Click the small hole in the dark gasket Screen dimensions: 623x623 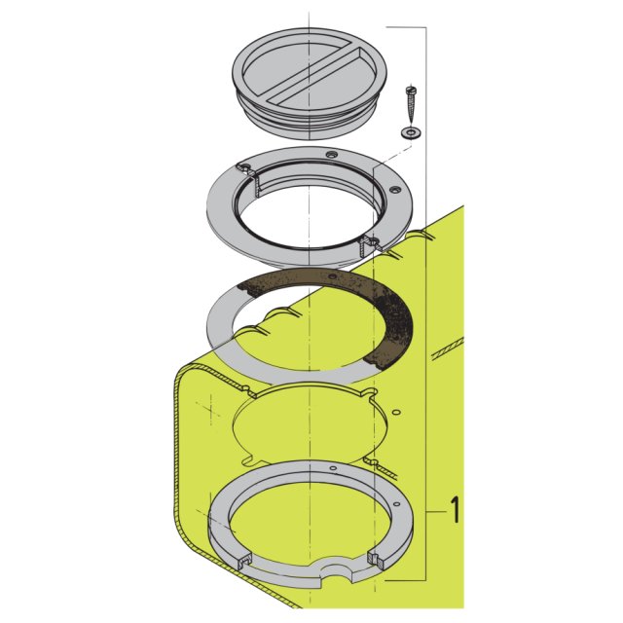point(333,278)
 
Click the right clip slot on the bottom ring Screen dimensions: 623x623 point(374,557)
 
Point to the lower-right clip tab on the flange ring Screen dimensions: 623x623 point(369,241)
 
